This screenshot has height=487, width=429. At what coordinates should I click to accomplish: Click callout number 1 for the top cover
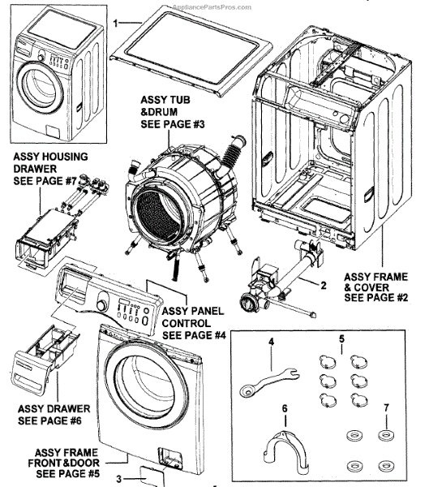click(115, 23)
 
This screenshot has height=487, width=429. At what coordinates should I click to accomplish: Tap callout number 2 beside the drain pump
click(323, 285)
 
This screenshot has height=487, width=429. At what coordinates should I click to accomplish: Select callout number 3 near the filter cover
click(119, 479)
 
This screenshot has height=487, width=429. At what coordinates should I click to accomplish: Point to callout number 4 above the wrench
click(272, 342)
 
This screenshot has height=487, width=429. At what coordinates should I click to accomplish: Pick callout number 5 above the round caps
click(341, 338)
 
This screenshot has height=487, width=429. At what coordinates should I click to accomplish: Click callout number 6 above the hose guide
click(285, 408)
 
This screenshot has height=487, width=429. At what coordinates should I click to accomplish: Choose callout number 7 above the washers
click(386, 407)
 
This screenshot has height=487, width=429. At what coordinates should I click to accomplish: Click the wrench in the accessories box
click(269, 382)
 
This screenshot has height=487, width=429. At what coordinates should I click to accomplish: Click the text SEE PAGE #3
click(173, 124)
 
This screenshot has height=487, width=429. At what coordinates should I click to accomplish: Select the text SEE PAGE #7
click(45, 181)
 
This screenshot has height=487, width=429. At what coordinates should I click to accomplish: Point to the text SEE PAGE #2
click(376, 298)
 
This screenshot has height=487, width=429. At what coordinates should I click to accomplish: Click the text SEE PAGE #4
click(194, 335)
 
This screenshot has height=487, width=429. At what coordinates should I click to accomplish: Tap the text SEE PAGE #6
click(49, 420)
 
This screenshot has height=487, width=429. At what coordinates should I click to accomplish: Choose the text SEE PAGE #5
click(68, 474)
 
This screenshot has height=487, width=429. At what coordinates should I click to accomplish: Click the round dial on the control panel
click(102, 304)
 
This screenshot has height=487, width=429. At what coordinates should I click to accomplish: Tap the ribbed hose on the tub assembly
click(231, 154)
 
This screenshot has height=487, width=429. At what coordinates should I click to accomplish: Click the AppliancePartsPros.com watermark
click(212, 7)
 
